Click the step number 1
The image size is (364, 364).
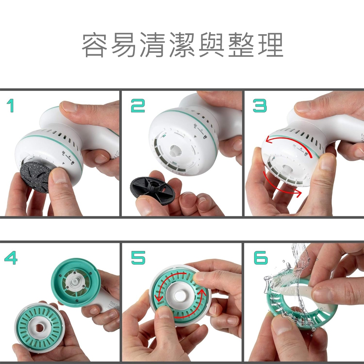point(11,106)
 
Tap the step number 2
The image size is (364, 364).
point(138,106)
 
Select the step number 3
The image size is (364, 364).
point(260,106)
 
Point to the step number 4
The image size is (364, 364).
point(11,258)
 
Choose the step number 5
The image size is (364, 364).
point(138,258)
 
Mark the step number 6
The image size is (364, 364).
point(261,258)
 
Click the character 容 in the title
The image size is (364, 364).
point(95,45)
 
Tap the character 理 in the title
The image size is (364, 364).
point(270,45)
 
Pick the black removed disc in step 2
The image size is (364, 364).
point(152,187)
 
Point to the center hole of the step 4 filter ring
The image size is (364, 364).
point(39,328)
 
